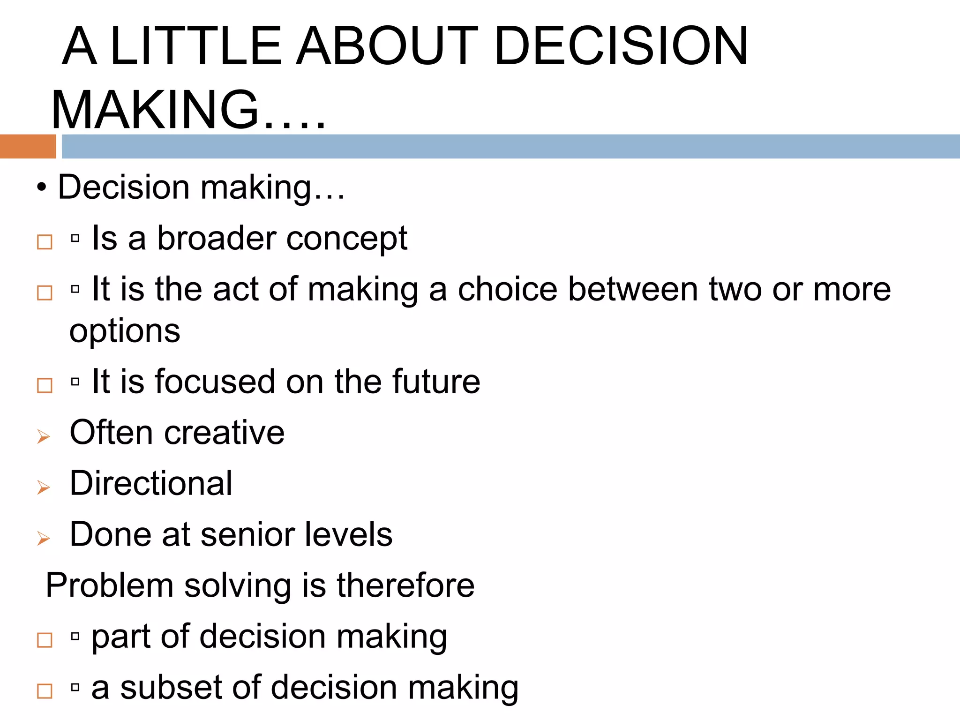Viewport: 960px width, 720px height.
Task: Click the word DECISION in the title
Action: pos(621,45)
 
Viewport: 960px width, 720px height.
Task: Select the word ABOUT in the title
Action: pos(387,45)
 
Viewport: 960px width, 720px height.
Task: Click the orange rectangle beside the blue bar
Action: pos(28,146)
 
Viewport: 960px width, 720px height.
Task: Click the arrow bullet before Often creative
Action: pos(44,436)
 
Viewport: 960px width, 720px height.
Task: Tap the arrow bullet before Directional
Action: pos(44,487)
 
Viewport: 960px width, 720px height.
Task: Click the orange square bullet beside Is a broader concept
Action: pos(45,242)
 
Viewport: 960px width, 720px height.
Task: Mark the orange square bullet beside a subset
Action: pos(45,691)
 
